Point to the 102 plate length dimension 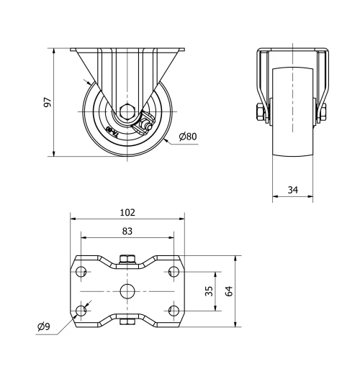pyautogui.click(x=127, y=213)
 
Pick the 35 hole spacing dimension pyautogui.click(x=209, y=291)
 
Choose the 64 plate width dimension pyautogui.click(x=230, y=291)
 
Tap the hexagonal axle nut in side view pyautogui.click(x=127, y=111)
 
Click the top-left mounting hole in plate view pyautogui.click(x=81, y=272)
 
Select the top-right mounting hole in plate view pyautogui.click(x=174, y=272)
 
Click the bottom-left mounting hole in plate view pyautogui.click(x=81, y=310)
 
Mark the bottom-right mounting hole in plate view pyautogui.click(x=174, y=310)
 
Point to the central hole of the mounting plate pyautogui.click(x=127, y=291)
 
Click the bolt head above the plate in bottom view pyautogui.click(x=127, y=259)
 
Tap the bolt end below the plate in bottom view pyautogui.click(x=127, y=323)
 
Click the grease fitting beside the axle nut pyautogui.click(x=146, y=127)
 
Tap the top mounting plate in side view pyautogui.click(x=127, y=50)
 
